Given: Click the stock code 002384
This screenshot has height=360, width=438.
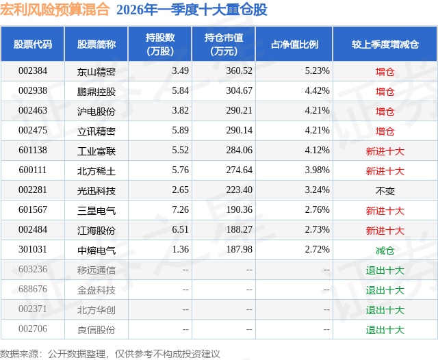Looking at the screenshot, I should (33, 70).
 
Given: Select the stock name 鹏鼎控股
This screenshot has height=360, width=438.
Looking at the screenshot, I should (96, 91).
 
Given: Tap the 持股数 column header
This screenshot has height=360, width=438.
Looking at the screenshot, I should (160, 44).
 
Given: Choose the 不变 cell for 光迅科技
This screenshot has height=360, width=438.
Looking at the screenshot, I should (385, 191).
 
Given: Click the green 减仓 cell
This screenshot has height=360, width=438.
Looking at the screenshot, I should (385, 250).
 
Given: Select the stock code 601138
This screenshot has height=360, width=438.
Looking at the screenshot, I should (33, 151).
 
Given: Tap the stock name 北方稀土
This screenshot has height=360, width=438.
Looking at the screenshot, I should (96, 171).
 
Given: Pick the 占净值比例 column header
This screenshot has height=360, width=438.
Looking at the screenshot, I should (294, 44).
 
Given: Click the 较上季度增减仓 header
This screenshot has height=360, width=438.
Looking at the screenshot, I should (385, 44).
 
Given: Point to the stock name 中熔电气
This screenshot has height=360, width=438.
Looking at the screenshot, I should (96, 250).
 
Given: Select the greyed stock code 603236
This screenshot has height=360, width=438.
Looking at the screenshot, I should (33, 270).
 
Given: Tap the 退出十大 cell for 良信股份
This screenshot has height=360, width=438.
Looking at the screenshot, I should (385, 330).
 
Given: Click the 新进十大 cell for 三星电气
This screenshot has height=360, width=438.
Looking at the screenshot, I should (385, 211).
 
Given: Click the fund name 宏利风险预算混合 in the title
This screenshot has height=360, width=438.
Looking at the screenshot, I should (55, 10).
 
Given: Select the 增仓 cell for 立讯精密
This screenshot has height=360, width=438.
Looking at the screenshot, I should (385, 131).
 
